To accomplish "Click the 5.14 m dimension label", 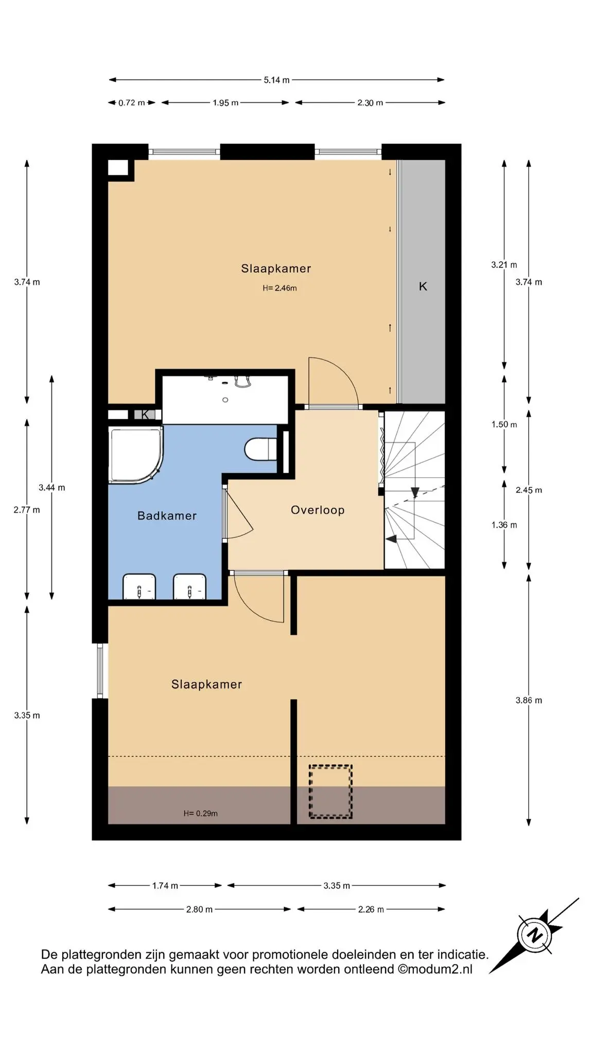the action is pyautogui.click(x=276, y=80).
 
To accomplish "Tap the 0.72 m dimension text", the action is pyautogui.click(x=132, y=103).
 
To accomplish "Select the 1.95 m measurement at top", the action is pyautogui.click(x=225, y=103).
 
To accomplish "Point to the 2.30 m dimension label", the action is pyautogui.click(x=370, y=103).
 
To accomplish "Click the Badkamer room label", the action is pyautogui.click(x=167, y=516).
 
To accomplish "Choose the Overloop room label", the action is pyautogui.click(x=318, y=510).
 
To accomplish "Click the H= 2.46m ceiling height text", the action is pyautogui.click(x=280, y=288).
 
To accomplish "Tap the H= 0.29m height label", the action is pyautogui.click(x=200, y=813).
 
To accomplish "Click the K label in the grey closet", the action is pyautogui.click(x=423, y=286).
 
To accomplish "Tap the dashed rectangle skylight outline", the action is pyautogui.click(x=330, y=791).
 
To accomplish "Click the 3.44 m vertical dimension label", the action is pyautogui.click(x=52, y=487).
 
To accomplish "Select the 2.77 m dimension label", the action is pyautogui.click(x=27, y=510).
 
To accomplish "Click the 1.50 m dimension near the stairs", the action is pyautogui.click(x=504, y=424).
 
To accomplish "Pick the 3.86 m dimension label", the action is pyautogui.click(x=529, y=700).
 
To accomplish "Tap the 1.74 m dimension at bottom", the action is pyautogui.click(x=165, y=885).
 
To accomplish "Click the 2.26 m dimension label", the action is pyautogui.click(x=371, y=910).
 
